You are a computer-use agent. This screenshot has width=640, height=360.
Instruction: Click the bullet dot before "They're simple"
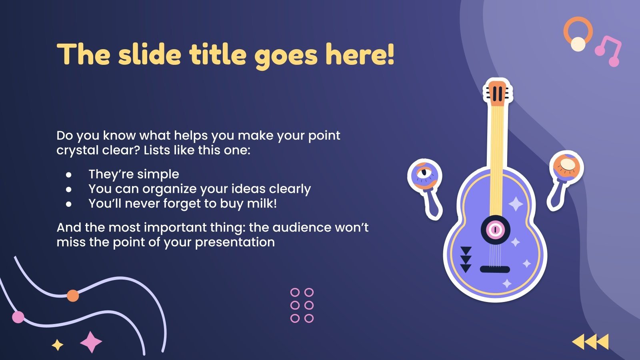[69, 175]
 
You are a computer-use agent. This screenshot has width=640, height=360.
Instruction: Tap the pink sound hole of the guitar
[495, 230]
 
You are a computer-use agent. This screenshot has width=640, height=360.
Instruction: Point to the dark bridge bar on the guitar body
[495, 269]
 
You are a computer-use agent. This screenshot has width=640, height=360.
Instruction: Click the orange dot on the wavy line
[72, 296]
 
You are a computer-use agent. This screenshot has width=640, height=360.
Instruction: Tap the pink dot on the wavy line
[18, 317]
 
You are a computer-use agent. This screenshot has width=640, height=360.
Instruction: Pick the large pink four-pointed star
[91, 342]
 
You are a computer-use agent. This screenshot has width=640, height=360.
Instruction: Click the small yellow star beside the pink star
[58, 344]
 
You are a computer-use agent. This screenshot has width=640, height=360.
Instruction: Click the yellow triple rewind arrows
[590, 342]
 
